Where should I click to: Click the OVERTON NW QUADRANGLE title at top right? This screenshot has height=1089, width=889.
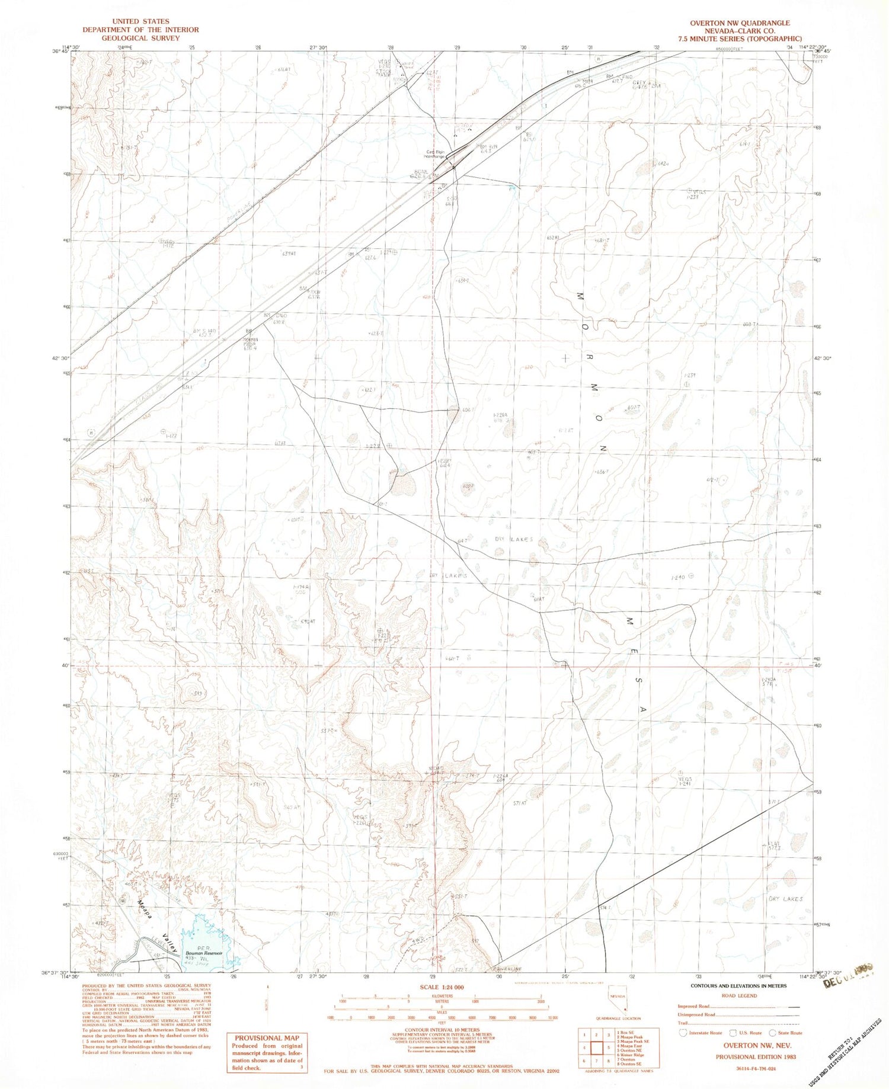pyautogui.click(x=739, y=23)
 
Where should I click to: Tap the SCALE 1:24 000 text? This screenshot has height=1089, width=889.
pyautogui.click(x=442, y=988)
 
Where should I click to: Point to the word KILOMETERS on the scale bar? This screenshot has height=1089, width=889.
pyautogui.click(x=442, y=996)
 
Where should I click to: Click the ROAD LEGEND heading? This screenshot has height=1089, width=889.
pyautogui.click(x=739, y=995)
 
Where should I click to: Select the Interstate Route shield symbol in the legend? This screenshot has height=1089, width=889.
pyautogui.click(x=683, y=1033)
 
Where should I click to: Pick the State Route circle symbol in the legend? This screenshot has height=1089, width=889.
pyautogui.click(x=772, y=1033)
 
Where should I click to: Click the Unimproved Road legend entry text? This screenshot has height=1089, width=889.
pyautogui.click(x=696, y=1014)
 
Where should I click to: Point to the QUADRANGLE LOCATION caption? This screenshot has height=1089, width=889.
pyautogui.click(x=619, y=1018)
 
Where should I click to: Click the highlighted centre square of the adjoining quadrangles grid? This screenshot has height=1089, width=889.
pyautogui.click(x=597, y=1047)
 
